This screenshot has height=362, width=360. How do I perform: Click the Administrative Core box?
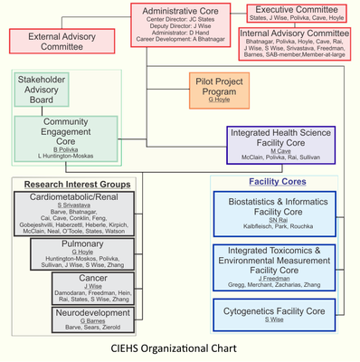181,26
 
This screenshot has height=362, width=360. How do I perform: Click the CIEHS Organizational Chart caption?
180,348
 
